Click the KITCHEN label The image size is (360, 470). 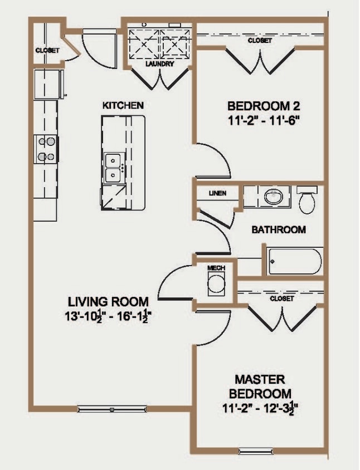pyautogui.click(x=123, y=105)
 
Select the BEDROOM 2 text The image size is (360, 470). pyautogui.click(x=259, y=106)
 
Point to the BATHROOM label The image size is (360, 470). pyautogui.click(x=278, y=229)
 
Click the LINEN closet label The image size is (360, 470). pyautogui.click(x=216, y=193)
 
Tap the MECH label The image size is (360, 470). pyautogui.click(x=216, y=268)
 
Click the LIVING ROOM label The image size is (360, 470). pyautogui.click(x=108, y=302)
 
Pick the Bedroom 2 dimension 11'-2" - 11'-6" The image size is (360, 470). pyautogui.click(x=259, y=121)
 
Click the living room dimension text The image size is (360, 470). pyautogui.click(x=108, y=317)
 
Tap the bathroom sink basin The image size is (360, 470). pyautogui.click(x=273, y=197)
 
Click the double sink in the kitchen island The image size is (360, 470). pyautogui.click(x=114, y=168)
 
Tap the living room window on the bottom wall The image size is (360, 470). pyautogui.click(x=112, y=409)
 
